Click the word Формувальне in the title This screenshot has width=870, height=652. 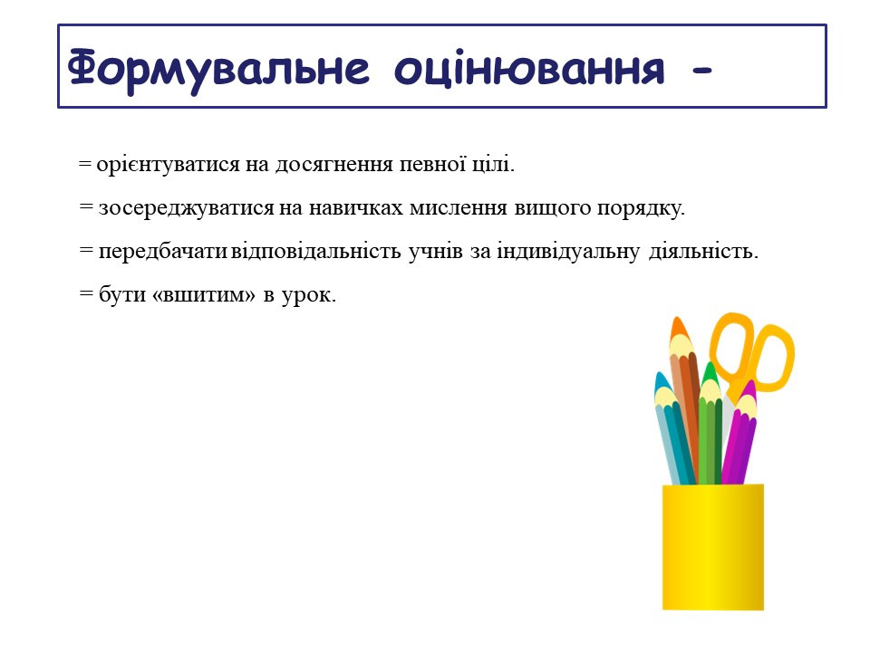[218, 70]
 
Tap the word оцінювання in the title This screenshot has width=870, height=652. [529, 70]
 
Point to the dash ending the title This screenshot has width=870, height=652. [701, 71]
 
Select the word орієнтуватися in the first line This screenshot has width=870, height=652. [169, 165]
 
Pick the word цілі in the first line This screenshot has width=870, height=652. [493, 165]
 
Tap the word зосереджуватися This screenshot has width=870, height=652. [187, 208]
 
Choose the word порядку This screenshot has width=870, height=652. [641, 209]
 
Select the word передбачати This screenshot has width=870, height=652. [163, 251]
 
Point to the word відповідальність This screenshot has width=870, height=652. [315, 251]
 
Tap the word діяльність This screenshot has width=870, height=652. [703, 252]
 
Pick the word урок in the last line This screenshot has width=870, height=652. [308, 295]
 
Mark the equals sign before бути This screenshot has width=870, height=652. [86, 293]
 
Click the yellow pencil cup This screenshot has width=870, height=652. [713, 547]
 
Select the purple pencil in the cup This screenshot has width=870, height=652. [739, 433]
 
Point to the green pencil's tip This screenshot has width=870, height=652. [710, 366]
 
